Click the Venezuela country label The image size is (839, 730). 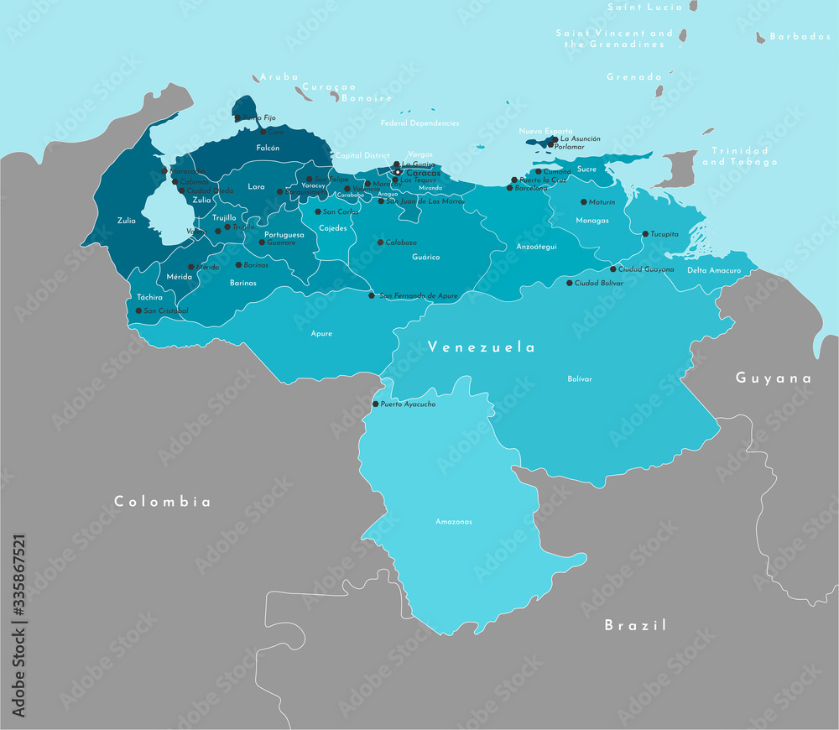tap(481, 347)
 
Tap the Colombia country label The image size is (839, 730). tap(163, 502)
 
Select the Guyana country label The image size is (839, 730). tap(774, 378)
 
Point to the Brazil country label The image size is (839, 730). tap(636, 625)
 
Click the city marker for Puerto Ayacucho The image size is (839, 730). tap(375, 404)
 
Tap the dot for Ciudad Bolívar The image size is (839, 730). tap(569, 284)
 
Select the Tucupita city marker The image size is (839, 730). tap(644, 234)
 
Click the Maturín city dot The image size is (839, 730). tap(583, 202)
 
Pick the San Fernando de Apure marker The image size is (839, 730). tap(372, 295)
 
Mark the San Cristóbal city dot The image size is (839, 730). tap(138, 310)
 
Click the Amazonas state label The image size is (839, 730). tap(453, 522)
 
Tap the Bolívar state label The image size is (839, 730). tap(580, 379)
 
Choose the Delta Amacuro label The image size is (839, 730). tap(714, 271)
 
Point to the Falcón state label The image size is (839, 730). tap(268, 148)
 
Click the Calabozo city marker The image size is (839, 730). tap(379, 242)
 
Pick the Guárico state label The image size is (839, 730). tap(426, 258)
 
